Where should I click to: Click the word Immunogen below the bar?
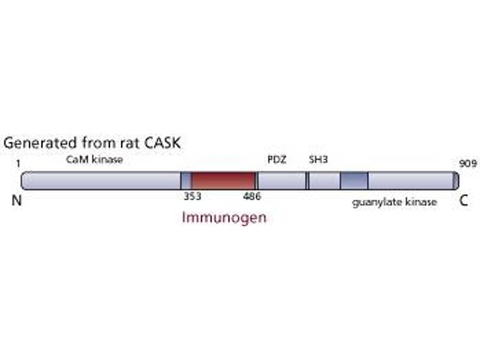(224, 217)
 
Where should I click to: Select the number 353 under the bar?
(192, 196)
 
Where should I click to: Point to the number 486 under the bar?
(252, 196)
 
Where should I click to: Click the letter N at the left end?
(17, 202)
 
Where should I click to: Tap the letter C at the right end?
(463, 202)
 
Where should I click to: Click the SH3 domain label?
(317, 160)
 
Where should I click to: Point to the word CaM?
(76, 160)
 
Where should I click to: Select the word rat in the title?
(124, 144)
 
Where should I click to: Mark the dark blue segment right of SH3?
(354, 181)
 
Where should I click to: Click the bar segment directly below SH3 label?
(323, 181)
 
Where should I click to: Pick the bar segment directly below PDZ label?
(281, 181)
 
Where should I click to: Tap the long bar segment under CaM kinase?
(101, 181)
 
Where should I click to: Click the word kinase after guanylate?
(421, 202)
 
